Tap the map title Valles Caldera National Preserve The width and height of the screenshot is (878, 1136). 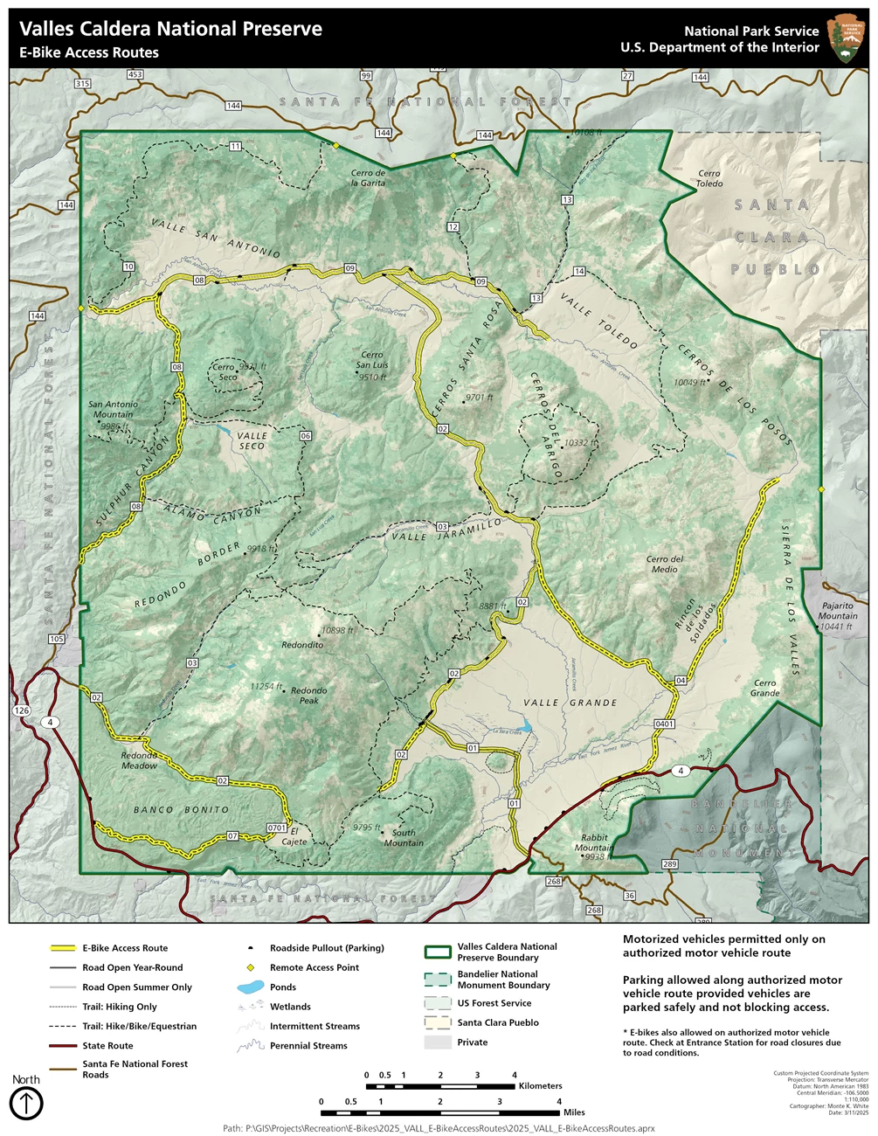171,29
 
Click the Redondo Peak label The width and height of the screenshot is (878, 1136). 308,696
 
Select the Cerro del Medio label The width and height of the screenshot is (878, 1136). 665,565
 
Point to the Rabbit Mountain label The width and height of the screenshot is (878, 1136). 593,842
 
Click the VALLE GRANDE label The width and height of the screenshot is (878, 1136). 570,703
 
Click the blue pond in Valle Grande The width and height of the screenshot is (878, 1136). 524,726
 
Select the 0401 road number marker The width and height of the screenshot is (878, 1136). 664,724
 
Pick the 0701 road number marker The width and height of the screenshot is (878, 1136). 277,828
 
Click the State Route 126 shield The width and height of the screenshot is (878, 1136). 22,710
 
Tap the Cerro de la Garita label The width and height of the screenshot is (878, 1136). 368,178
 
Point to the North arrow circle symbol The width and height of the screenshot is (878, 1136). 26,1104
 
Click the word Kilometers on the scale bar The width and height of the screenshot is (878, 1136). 540,1086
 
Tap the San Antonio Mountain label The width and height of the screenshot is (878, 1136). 113,410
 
